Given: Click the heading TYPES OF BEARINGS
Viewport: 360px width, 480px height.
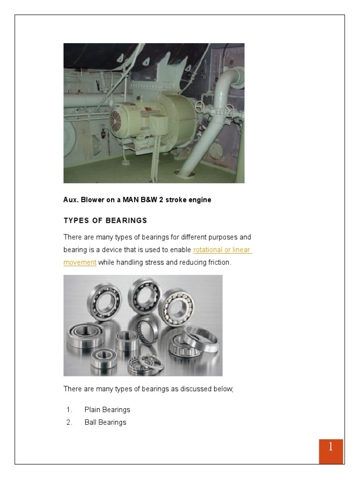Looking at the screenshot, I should tap(105, 220).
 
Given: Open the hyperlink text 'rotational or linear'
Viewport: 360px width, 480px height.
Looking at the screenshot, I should tap(222, 250).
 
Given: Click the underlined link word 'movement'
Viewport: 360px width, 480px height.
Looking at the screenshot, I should tap(80, 262).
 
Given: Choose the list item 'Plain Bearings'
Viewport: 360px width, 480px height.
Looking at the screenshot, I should tap(107, 410).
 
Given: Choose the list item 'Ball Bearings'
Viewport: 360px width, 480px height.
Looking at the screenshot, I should tap(105, 422).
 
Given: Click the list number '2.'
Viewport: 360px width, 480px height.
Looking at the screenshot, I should tap(69, 422).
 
